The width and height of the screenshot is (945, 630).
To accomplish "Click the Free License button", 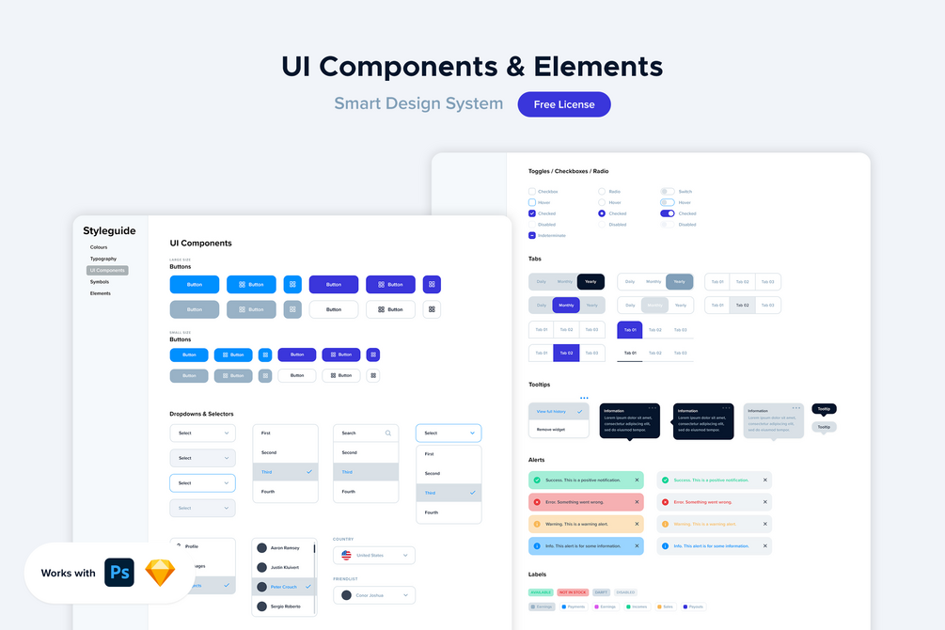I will [564, 104].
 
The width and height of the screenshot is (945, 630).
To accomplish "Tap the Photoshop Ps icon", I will [119, 573].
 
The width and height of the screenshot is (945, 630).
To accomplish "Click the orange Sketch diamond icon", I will [160, 573].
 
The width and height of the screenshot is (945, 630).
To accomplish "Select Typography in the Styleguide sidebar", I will [103, 259].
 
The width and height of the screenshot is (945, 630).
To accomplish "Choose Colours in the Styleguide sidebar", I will [99, 247].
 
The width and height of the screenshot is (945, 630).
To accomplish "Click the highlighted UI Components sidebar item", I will [107, 271].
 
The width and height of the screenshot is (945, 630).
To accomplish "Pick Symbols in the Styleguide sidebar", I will [100, 282].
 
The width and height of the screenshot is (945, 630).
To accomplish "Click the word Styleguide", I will [109, 231].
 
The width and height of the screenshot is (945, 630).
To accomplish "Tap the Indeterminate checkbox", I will [532, 235].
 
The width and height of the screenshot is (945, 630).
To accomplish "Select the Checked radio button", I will [602, 213].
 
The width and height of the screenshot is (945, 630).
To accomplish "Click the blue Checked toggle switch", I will [668, 213].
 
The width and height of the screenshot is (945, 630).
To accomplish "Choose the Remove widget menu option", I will [550, 429].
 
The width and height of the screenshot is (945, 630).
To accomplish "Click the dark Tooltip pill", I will [824, 409].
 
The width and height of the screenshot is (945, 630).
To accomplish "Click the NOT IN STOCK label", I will [572, 592].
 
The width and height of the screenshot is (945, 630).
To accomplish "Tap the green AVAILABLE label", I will [541, 592].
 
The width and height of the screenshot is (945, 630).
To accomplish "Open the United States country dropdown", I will [373, 556].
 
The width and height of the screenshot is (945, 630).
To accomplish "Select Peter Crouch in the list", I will [284, 586].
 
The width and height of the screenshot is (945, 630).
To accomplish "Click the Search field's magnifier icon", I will [387, 433].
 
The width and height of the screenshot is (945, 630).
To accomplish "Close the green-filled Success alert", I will [637, 480].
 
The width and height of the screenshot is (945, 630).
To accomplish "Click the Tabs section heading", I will [535, 259].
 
